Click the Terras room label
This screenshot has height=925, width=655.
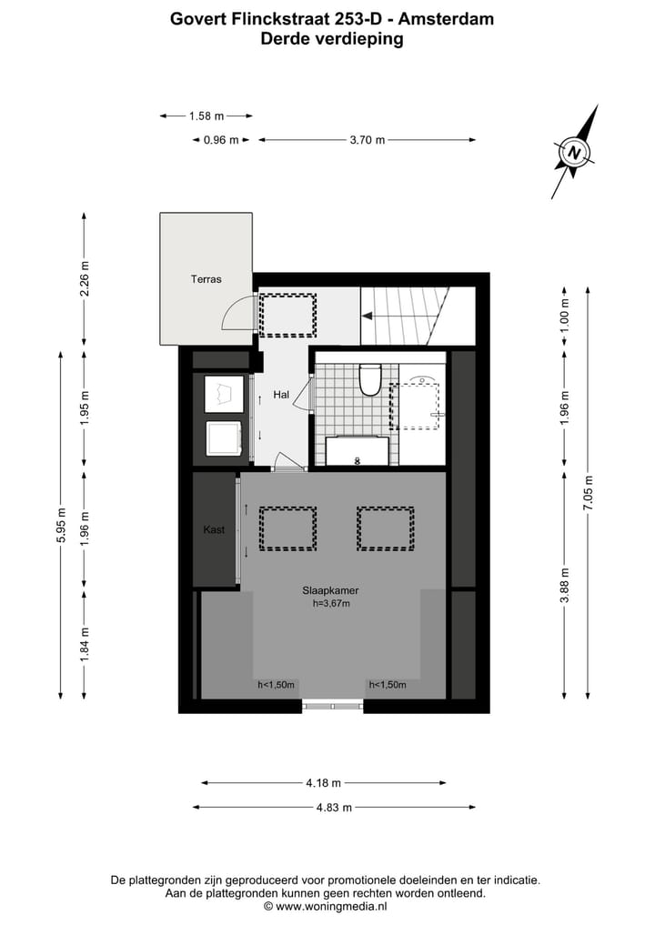click(206, 279)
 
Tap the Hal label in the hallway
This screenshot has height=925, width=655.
click(281, 395)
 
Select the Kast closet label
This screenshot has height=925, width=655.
click(214, 529)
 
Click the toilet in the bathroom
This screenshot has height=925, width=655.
click(370, 379)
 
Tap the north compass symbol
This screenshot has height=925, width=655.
click(575, 152)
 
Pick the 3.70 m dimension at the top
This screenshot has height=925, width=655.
click(368, 140)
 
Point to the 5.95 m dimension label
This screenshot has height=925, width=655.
click(61, 524)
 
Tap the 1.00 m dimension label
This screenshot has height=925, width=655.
click(564, 318)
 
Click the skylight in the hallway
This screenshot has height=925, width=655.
click(288, 314)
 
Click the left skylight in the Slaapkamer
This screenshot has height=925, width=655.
click(288, 528)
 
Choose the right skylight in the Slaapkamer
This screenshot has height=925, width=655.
click(385, 528)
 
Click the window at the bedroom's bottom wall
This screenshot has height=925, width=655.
click(332, 705)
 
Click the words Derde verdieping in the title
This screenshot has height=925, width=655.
click(331, 38)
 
